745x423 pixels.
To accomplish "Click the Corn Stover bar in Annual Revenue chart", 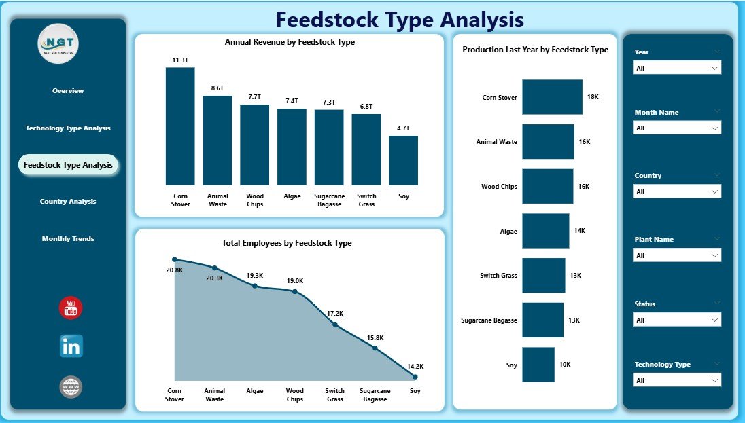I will tap(180, 126).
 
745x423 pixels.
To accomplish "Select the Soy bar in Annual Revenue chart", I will tap(403, 160).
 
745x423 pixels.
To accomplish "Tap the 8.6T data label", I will tap(218, 88).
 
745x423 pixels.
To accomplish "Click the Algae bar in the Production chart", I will tap(545, 231).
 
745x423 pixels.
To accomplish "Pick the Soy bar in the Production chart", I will tap(538, 365).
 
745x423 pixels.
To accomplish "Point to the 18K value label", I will tap(593, 97).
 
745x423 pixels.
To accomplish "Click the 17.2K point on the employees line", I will tap(335, 325).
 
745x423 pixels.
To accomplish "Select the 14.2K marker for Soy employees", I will tap(415, 376).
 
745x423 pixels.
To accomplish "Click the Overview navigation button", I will tap(68, 91).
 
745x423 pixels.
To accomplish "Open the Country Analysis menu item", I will tap(68, 202).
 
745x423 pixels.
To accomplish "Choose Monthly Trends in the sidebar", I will tap(68, 239).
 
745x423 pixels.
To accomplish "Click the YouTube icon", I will tap(71, 308).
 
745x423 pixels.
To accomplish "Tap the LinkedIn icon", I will tap(71, 346).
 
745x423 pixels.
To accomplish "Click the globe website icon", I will tap(71, 387).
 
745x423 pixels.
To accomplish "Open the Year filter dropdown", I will tap(676, 68).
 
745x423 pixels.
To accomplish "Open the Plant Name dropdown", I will tap(676, 255).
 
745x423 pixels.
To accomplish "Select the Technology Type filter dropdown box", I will tap(676, 380).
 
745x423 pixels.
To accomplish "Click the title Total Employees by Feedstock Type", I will tap(286, 243).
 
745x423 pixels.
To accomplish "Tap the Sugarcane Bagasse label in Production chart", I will tap(489, 320).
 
